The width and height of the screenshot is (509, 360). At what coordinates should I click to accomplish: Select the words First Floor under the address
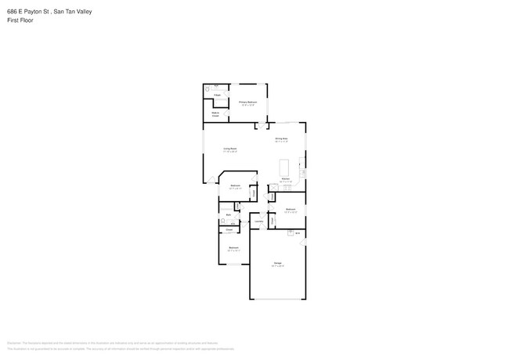(x=20, y=20)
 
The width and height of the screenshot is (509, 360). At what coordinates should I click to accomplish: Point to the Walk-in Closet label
(x=215, y=114)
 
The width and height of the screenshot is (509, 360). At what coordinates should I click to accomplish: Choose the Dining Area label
(x=281, y=139)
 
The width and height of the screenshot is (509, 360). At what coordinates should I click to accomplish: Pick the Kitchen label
(x=286, y=179)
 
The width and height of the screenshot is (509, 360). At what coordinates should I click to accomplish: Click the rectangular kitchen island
(x=284, y=167)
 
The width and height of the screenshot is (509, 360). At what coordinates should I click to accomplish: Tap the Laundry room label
(x=258, y=221)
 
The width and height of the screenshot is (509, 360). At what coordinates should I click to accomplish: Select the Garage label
(x=277, y=262)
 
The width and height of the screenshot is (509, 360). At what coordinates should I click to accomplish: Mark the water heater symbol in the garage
(x=298, y=232)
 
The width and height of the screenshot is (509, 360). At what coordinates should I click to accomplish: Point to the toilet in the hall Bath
(x=222, y=221)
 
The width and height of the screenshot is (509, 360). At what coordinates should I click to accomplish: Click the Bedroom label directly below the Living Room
(x=234, y=185)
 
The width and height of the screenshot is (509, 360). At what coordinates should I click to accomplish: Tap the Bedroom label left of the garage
(x=233, y=248)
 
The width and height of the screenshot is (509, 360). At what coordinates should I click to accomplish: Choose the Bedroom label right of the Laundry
(x=290, y=209)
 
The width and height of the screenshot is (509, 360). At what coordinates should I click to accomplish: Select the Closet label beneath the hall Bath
(x=229, y=229)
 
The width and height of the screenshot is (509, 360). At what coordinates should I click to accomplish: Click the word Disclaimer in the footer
(x=13, y=343)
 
